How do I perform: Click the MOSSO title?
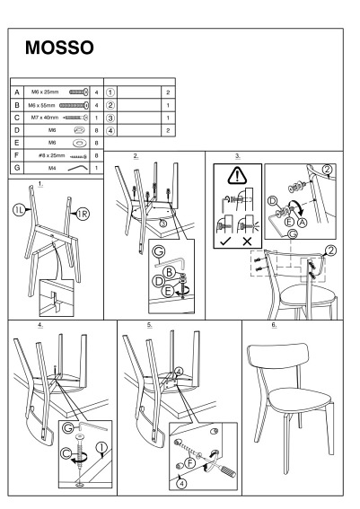[60, 48]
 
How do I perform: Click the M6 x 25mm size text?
[45, 92]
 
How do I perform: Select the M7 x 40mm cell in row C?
[57, 118]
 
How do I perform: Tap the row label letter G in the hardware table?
[17, 168]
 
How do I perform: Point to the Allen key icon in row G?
[78, 168]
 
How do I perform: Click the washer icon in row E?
[80, 143]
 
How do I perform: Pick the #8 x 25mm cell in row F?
[57, 155]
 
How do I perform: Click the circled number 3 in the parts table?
[110, 118]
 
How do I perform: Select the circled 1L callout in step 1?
[20, 210]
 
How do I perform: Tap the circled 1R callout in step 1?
[83, 214]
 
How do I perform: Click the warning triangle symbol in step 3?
[238, 176]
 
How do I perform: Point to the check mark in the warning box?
[225, 241]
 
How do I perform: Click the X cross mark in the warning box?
[248, 241]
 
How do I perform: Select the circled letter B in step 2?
[169, 272]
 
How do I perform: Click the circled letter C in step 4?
[66, 453]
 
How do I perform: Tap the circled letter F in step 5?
[190, 462]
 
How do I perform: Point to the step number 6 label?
[274, 324]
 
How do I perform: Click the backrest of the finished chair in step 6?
[278, 355]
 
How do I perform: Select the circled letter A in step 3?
[303, 222]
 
